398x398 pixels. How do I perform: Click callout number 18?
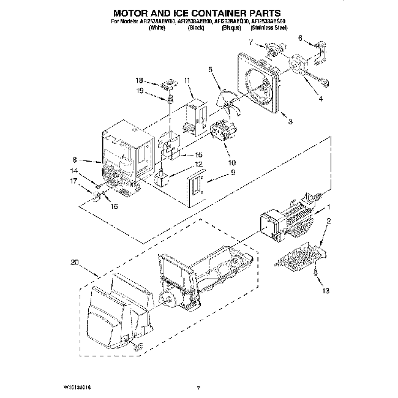[138, 81]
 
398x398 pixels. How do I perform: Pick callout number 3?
[290, 122]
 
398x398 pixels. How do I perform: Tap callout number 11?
[187, 80]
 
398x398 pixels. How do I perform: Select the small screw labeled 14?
[97, 183]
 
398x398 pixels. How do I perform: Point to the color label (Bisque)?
[231, 28]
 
